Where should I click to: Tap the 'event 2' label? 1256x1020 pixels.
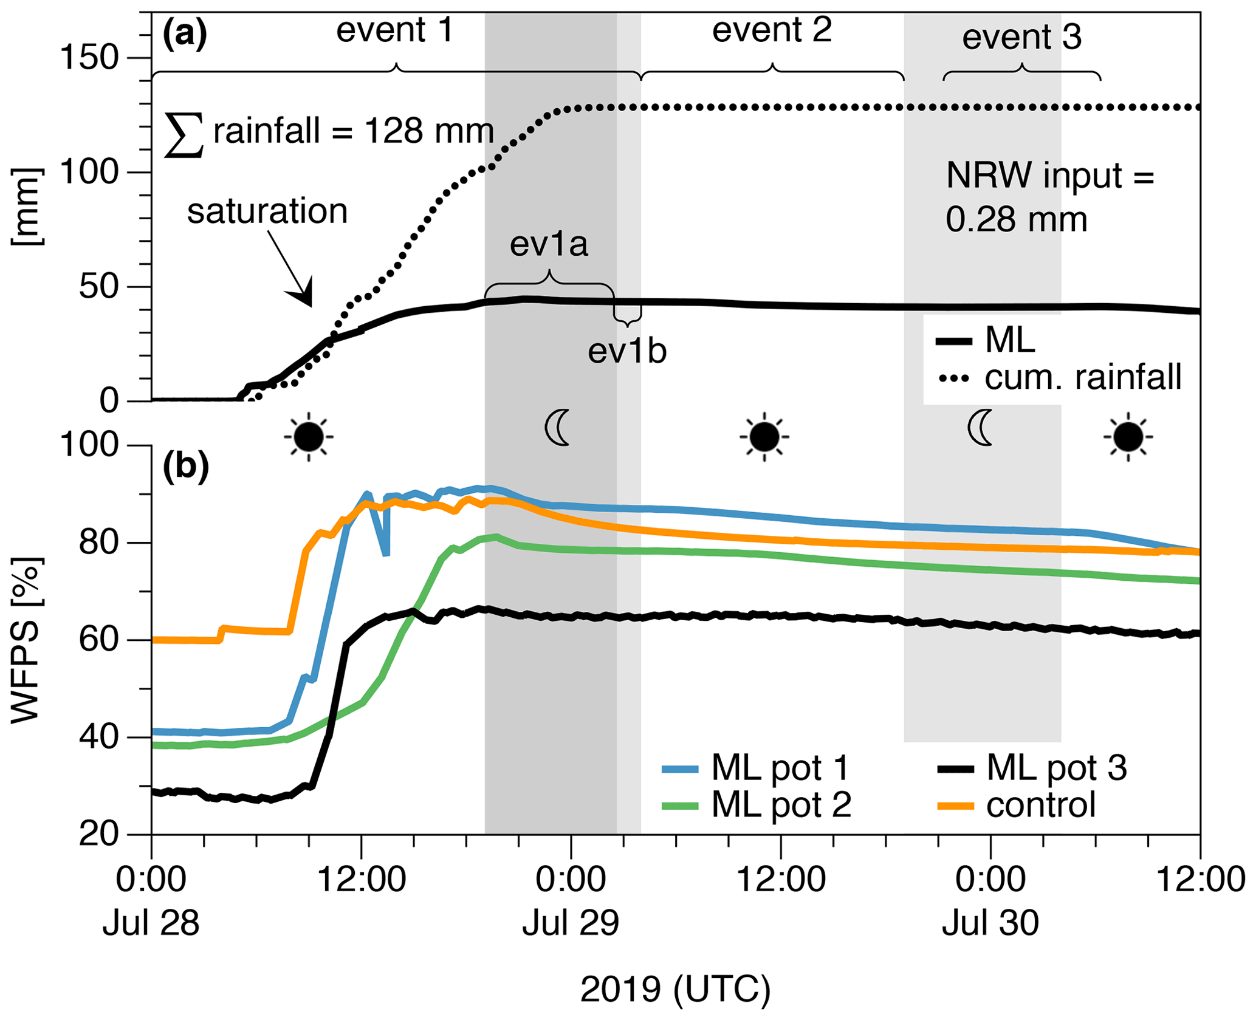coord(772,30)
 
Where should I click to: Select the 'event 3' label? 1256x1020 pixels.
coord(1022,38)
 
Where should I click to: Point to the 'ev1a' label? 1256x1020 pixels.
coord(549,244)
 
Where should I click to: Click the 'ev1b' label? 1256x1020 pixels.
coord(627,352)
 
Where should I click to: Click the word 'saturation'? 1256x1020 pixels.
coord(267,211)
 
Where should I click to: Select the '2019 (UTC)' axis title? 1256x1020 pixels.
coord(675,989)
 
